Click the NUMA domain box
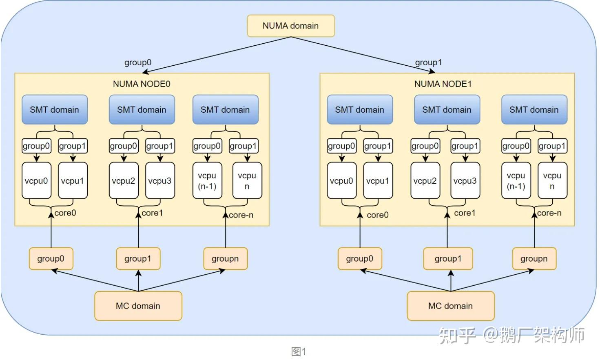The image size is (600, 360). coord(291,26)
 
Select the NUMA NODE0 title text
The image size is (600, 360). coord(142,84)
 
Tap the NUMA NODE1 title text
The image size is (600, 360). coord(443,84)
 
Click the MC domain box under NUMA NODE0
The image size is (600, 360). coord(138,306)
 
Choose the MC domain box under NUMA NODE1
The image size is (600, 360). coord(450,306)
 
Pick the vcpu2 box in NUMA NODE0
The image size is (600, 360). coord(123,181)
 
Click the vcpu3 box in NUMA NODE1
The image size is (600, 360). coord(465,181)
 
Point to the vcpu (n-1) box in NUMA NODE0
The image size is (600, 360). coord(207,181)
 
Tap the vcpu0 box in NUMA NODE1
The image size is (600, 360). coord(341,181)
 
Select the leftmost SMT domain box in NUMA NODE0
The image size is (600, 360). coord(54,109)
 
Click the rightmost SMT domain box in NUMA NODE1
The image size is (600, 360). coord(534,109)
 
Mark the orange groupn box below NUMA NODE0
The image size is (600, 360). coord(225,259)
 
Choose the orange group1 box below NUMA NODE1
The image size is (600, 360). coord(448,259)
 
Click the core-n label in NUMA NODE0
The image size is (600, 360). coord(241,215)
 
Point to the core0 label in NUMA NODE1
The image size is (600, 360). coord(378,215)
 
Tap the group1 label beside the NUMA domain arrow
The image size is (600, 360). coord(428,62)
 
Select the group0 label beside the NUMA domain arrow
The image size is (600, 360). coord(138,62)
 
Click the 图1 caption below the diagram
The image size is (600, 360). coord(299,351)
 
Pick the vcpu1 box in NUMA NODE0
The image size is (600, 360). coord(73,181)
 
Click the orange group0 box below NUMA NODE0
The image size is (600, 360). coord(51,259)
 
